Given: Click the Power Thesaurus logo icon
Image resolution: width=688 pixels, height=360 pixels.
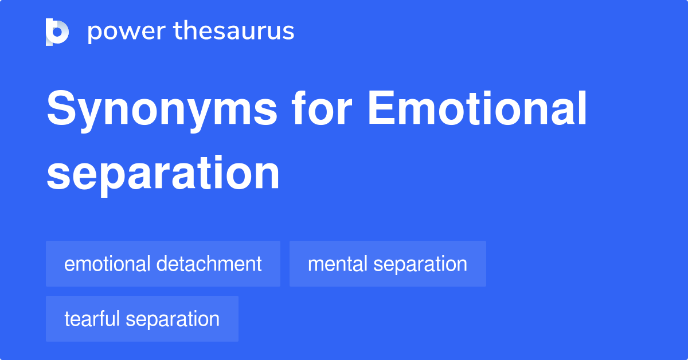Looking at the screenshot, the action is point(57,32).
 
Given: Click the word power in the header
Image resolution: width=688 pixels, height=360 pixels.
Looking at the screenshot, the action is point(127,32).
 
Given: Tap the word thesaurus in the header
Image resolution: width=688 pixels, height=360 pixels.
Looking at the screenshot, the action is point(234,30).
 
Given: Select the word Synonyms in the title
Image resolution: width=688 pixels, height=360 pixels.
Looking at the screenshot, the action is point(162,111).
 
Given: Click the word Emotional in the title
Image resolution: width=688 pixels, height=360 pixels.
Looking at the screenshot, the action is point(477,108).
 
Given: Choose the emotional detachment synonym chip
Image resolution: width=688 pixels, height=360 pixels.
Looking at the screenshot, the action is point(163,264).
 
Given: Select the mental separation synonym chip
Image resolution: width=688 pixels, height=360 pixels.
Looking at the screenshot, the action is point(388,264).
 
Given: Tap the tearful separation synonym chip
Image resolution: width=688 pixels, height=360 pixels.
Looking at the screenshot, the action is point(142,319).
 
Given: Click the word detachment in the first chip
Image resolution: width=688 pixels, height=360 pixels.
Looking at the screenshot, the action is point(209,264).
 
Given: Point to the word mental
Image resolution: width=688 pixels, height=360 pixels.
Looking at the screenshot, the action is point(338,264).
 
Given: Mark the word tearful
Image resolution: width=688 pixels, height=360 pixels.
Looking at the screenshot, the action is point(92,319).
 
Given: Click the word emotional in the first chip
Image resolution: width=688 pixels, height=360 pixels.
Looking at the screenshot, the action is point(107,264).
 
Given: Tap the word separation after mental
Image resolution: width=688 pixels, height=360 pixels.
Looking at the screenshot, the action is point(420,265).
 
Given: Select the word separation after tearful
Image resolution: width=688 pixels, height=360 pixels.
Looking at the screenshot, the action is point(173,320).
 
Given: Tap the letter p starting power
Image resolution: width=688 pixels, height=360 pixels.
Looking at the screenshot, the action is point(94,34).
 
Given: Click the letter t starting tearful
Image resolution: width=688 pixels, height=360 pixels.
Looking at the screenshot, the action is point(68,319).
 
